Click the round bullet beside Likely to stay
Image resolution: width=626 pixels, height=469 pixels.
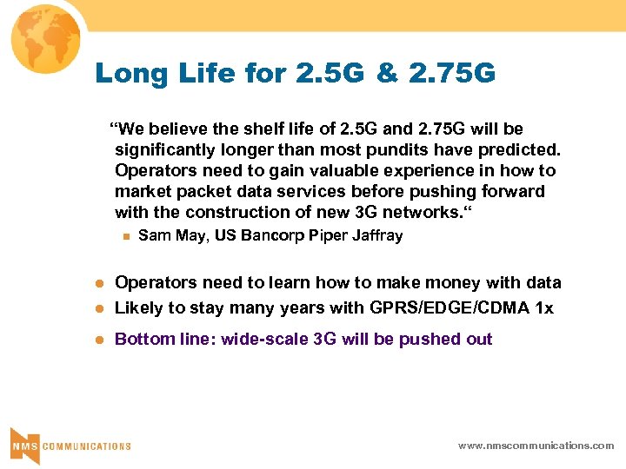point(99,308)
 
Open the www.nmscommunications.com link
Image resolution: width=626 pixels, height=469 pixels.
point(536,446)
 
